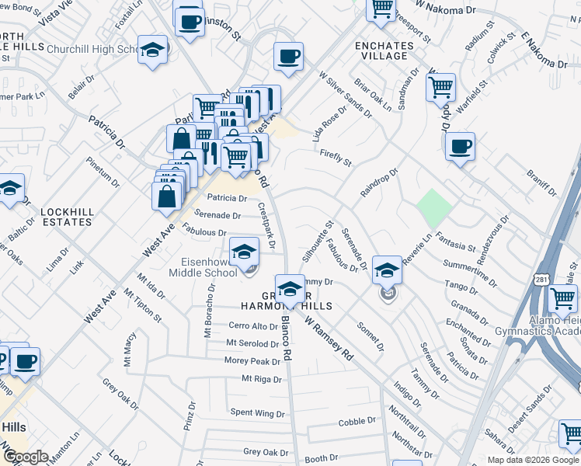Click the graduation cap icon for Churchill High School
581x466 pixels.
click(x=153, y=50)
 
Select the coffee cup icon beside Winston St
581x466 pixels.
click(x=188, y=21)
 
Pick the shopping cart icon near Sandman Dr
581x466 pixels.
click(x=440, y=87)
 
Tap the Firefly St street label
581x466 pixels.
click(x=336, y=158)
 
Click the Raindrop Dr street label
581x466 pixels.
click(x=379, y=182)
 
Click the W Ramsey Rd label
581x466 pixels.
click(x=330, y=337)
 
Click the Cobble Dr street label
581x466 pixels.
click(x=357, y=422)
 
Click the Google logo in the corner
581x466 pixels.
click(x=26, y=457)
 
